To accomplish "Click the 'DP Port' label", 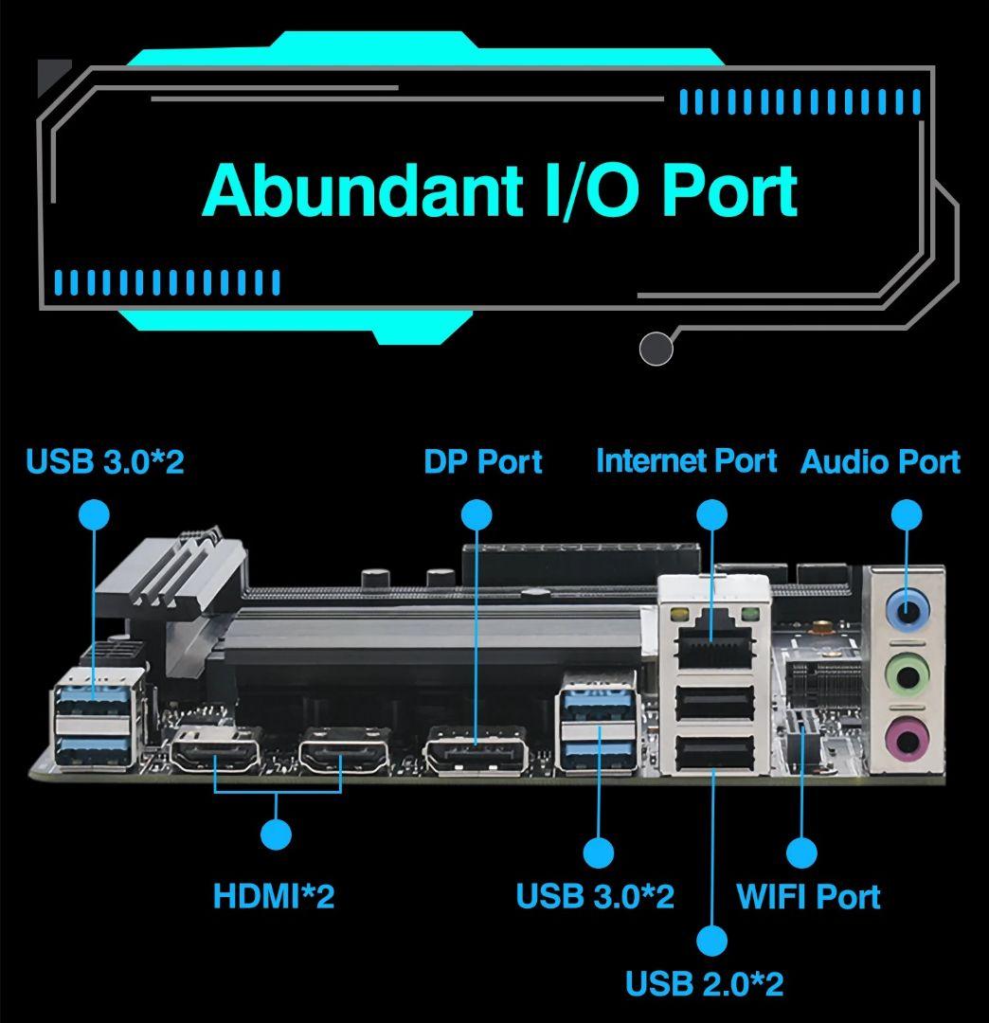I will click(482, 462).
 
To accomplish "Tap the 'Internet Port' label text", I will click(686, 461).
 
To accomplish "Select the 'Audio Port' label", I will click(880, 462).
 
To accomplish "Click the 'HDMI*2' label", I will click(274, 896).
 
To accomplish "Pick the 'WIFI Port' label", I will click(808, 896).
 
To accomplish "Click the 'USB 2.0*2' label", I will click(704, 983).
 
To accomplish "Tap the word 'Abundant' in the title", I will click(361, 190).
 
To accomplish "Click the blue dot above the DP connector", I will click(476, 514).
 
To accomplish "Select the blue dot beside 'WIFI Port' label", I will click(801, 852).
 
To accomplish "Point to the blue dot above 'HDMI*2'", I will click(276, 835).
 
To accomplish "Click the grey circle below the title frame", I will click(656, 349).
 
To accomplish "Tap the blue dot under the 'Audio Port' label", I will click(907, 514).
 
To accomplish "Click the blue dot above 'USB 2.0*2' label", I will click(711, 941).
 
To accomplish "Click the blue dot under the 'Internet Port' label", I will click(712, 514).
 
